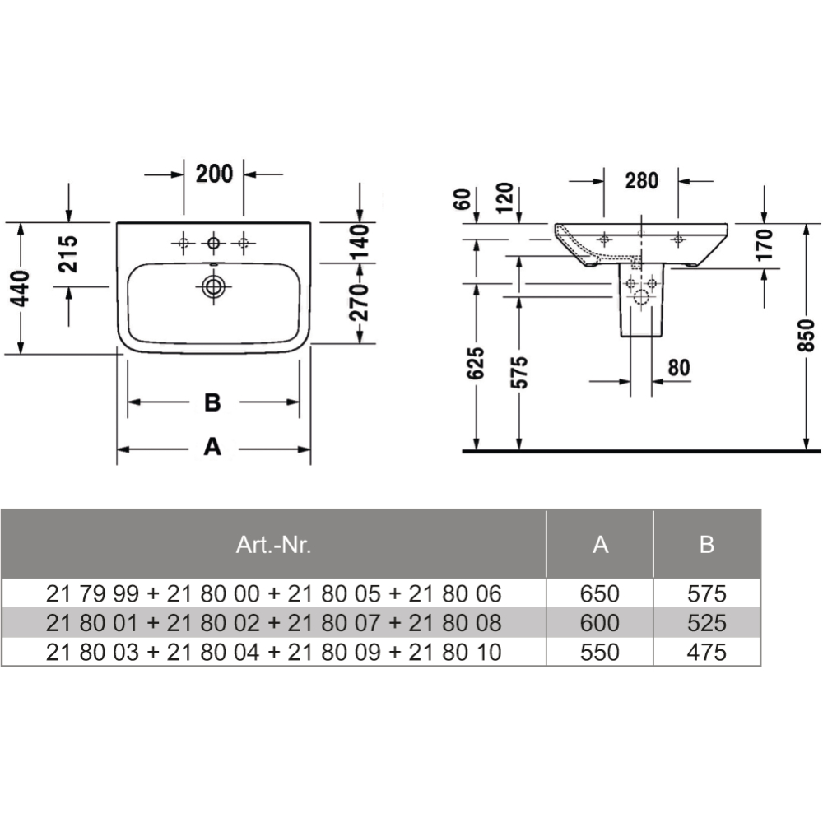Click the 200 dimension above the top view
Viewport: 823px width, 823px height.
pos(214,174)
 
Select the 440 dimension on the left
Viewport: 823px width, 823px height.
pos(21,288)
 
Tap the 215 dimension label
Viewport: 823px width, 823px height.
pos(67,254)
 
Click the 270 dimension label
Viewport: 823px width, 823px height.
pos(360,304)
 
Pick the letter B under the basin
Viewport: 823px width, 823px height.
pos(212,402)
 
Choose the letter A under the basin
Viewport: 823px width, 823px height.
pos(212,447)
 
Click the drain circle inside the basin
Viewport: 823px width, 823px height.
pos(214,286)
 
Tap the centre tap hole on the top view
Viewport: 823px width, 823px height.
pos(214,243)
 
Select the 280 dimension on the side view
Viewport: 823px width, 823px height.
pos(641,180)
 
